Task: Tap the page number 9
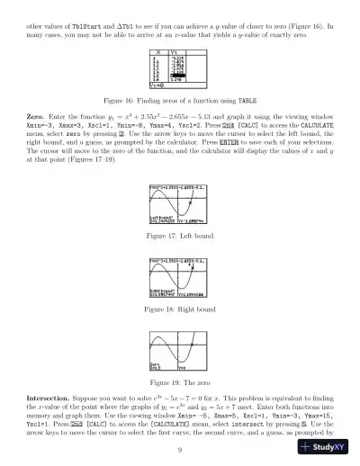click(x=180, y=450)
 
